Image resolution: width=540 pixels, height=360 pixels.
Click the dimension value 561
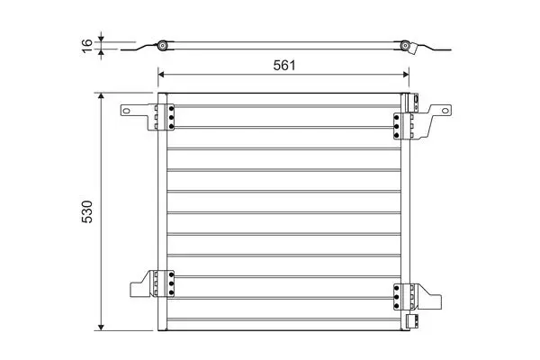[284, 65]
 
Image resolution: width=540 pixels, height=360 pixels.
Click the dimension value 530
[87, 211]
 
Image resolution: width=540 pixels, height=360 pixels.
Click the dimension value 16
[87, 46]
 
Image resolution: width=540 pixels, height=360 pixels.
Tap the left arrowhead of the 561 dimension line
[161, 75]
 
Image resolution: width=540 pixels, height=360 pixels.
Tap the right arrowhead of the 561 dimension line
[406, 75]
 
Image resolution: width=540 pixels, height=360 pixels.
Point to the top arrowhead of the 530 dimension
[101, 95]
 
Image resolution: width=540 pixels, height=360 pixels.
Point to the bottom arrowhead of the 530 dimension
[101, 328]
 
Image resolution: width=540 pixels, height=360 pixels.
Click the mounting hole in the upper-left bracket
[126, 111]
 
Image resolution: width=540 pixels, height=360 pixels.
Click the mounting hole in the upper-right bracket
[445, 111]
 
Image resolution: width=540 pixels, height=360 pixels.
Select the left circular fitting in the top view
[162, 46]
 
